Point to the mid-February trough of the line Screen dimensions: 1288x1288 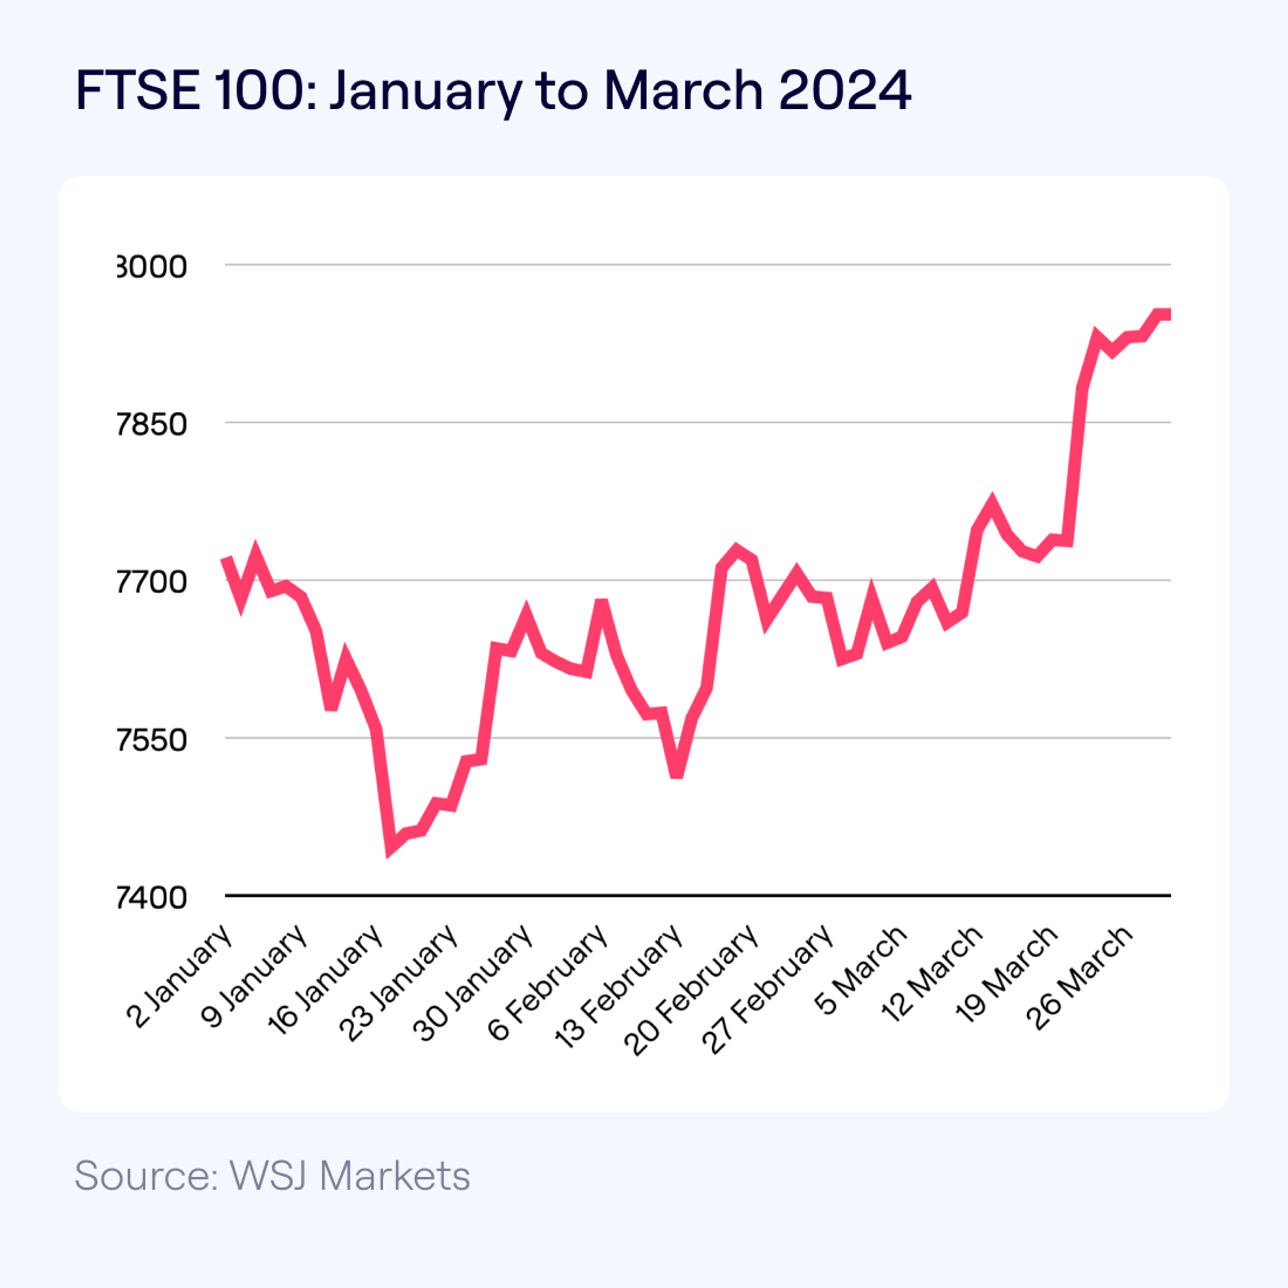676,773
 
